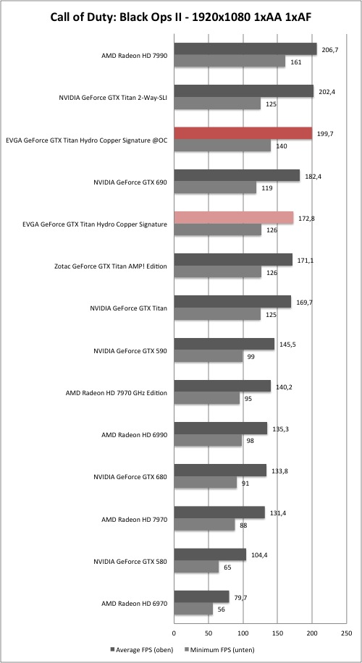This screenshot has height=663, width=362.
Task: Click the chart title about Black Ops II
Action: click(181, 18)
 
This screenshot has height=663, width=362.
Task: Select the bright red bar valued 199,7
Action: click(243, 133)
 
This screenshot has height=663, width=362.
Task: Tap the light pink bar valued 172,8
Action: click(234, 218)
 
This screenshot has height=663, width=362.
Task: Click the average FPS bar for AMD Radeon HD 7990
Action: click(245, 49)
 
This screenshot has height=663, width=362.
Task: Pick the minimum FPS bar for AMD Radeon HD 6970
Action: click(193, 609)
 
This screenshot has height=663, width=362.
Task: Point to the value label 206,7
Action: click(330, 49)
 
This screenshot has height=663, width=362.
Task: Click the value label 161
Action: click(295, 62)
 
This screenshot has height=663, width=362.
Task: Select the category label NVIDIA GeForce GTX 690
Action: click(130, 182)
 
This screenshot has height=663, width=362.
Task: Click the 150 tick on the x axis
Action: click(277, 633)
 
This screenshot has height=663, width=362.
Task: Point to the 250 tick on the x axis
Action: click(346, 633)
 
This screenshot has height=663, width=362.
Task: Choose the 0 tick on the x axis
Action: click(174, 633)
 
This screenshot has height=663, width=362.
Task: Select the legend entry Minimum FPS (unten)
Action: click(219, 649)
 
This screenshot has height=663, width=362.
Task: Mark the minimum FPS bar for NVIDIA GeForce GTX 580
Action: click(197, 567)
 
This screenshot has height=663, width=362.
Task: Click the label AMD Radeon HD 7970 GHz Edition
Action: click(117, 393)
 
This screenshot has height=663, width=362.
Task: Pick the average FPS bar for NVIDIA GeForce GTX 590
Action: click(224, 344)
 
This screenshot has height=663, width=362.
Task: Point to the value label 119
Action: click(266, 188)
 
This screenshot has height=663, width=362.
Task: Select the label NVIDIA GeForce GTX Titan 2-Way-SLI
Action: click(113, 98)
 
